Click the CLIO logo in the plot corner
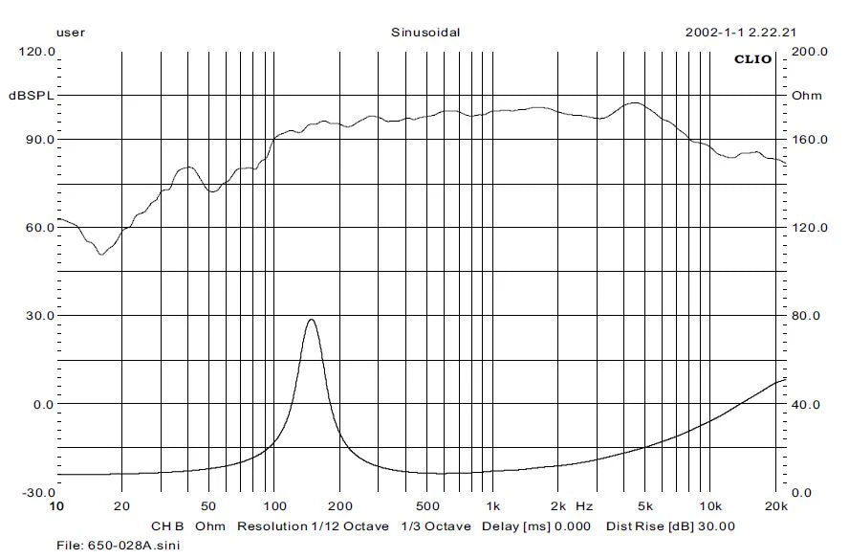[x=752, y=59]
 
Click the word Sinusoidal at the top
[x=425, y=32]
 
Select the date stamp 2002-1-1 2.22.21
[x=741, y=32]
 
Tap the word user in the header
[x=71, y=32]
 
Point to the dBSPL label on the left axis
[x=32, y=96]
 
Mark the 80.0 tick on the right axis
[x=809, y=316]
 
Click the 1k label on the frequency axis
[x=493, y=505]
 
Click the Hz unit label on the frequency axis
[x=585, y=505]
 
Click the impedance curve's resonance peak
[x=311, y=320]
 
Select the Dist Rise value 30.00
[x=716, y=526]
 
